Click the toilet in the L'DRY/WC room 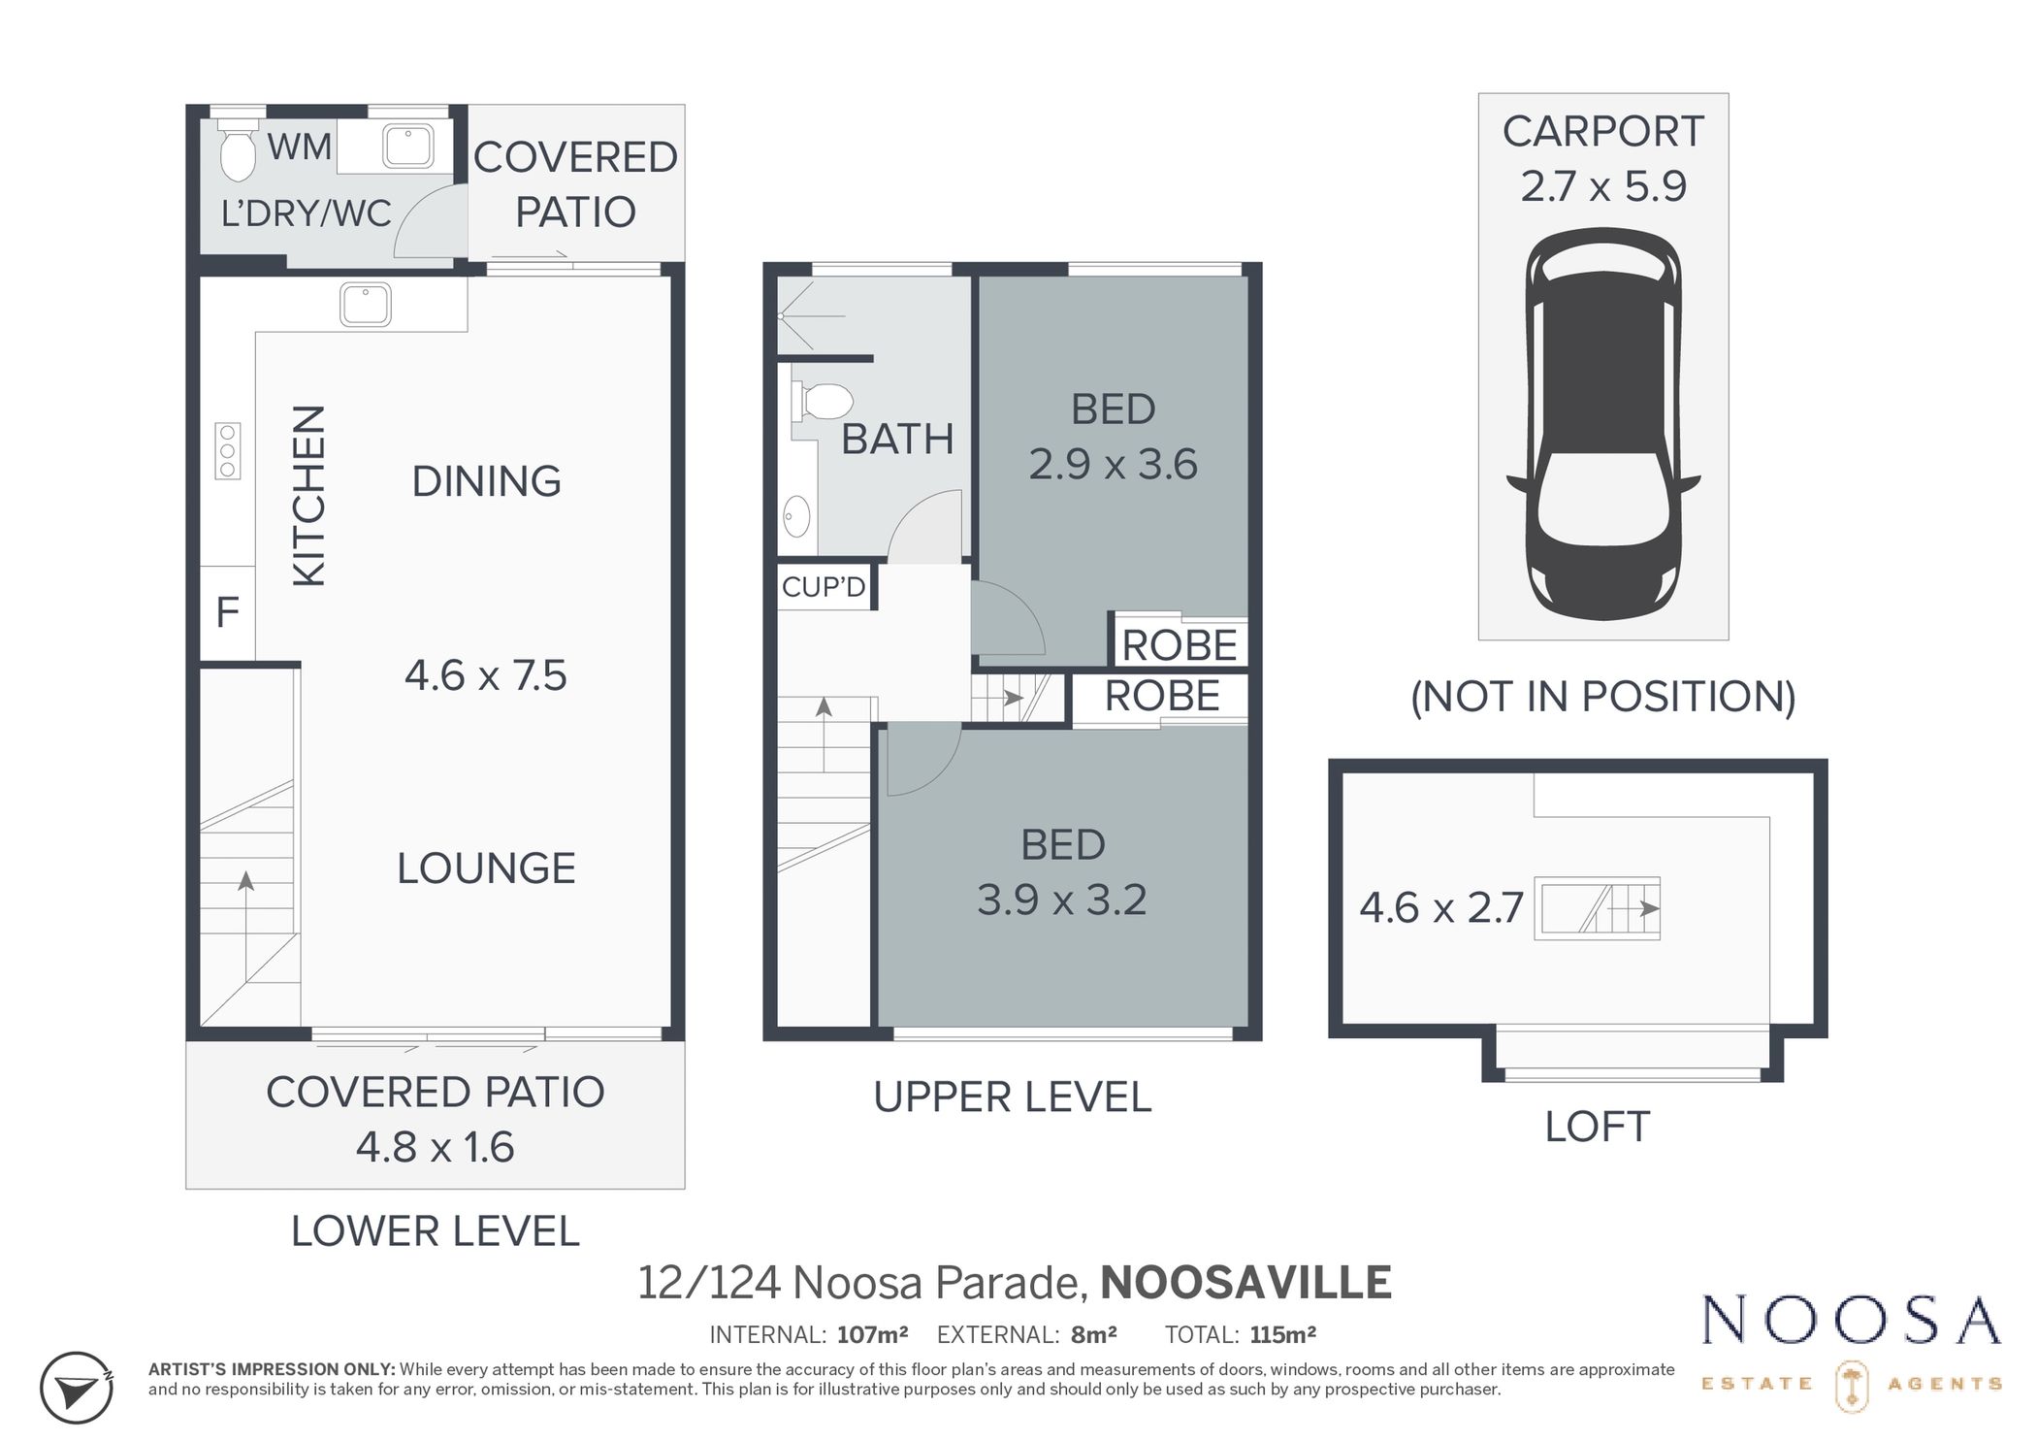coord(238,151)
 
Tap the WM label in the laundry coord(300,147)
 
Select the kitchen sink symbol coord(366,305)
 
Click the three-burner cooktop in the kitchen coord(228,451)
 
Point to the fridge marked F coord(227,613)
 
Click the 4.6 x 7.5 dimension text coord(485,675)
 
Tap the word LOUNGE coord(486,868)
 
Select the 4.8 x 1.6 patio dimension coord(435,1147)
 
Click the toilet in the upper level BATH coord(823,401)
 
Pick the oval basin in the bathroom coord(796,516)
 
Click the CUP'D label coord(824,587)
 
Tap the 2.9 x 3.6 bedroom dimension coord(1113,465)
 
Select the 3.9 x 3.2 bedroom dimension coord(1061,900)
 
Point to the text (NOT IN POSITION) coord(1602,697)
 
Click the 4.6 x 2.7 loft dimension coord(1441,908)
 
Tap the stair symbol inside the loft coord(1597,909)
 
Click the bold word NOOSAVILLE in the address coord(1245,1282)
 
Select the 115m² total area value coord(1282,1334)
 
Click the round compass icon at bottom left coord(77,1388)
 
